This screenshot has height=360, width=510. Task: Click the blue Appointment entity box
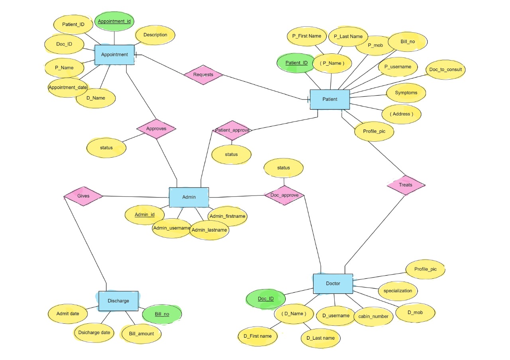click(114, 55)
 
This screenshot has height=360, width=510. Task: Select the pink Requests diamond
click(203, 74)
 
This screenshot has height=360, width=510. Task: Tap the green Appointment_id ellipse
click(114, 21)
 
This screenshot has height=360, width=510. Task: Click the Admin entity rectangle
click(189, 197)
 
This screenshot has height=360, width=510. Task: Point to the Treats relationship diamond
click(406, 185)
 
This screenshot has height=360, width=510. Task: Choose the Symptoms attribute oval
click(406, 93)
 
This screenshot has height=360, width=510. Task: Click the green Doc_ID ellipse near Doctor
click(266, 299)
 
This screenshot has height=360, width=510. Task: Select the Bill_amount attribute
click(141, 333)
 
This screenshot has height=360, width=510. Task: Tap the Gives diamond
click(83, 196)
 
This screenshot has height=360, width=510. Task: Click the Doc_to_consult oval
click(445, 70)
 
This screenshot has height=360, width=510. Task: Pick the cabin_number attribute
click(373, 316)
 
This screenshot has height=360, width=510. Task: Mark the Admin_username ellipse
click(171, 228)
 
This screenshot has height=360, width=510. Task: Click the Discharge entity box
click(118, 301)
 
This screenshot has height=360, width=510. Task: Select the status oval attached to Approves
click(106, 148)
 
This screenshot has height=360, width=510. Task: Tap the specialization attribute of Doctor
click(398, 291)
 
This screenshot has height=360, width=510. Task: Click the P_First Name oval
click(306, 36)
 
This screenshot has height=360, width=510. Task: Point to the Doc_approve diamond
click(284, 195)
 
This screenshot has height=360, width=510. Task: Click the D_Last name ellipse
click(320, 338)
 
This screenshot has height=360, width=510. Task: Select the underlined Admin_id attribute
click(144, 215)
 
